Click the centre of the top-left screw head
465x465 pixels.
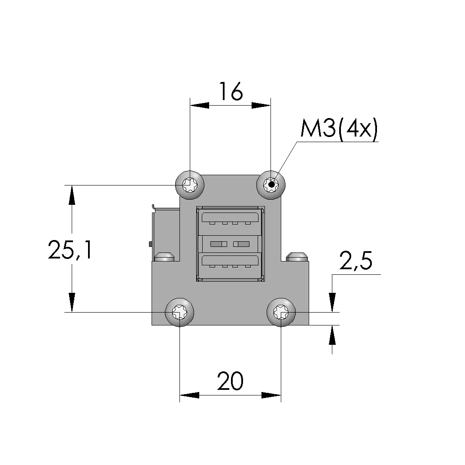pyautogui.click(x=190, y=185)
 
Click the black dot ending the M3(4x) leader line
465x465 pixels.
pyautogui.click(x=271, y=185)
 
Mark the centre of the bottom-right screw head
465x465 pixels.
pyautogui.click(x=281, y=312)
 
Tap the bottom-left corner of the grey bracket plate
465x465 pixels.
pyautogui.click(x=152, y=325)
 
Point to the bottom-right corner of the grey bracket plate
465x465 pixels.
pyautogui.click(x=309, y=325)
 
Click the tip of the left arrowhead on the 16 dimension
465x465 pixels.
pyautogui.click(x=190, y=105)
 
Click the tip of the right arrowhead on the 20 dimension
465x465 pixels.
pyautogui.click(x=281, y=395)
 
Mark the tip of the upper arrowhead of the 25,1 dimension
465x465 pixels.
pyautogui.click(x=72, y=185)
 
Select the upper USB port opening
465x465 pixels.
pyautogui.click(x=230, y=218)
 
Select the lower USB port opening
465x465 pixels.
pyautogui.click(x=230, y=260)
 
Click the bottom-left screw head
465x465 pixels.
pyautogui.click(x=179, y=312)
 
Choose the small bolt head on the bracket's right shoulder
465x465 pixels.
pyautogui.click(x=297, y=257)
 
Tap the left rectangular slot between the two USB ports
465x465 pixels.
pyautogui.click(x=219, y=244)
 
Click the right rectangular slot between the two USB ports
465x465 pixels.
pyautogui.click(x=241, y=244)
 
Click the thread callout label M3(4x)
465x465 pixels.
pyautogui.click(x=339, y=129)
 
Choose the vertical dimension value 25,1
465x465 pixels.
pyautogui.click(x=70, y=250)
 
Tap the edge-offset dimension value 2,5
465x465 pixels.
pyautogui.click(x=356, y=261)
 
